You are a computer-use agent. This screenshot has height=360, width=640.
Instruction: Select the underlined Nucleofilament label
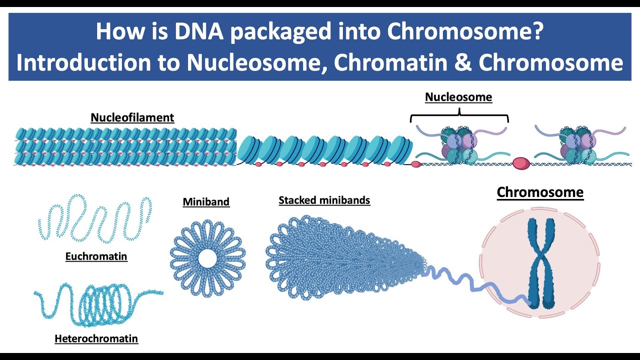click(132, 118)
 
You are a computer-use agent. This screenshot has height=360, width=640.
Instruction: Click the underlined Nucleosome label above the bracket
click(458, 97)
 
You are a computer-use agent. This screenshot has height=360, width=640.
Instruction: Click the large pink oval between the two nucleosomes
click(521, 163)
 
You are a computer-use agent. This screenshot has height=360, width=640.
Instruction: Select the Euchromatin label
click(96, 256)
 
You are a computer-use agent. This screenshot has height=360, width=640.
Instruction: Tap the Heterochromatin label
click(96, 339)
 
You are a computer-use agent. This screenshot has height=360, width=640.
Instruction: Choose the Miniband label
click(206, 202)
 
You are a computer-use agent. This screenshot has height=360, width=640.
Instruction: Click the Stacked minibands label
click(324, 200)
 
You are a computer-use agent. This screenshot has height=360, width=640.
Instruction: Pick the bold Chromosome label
click(540, 192)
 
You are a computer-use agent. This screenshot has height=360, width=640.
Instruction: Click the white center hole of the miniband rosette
click(207, 258)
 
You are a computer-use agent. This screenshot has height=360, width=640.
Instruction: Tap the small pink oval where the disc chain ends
click(415, 164)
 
